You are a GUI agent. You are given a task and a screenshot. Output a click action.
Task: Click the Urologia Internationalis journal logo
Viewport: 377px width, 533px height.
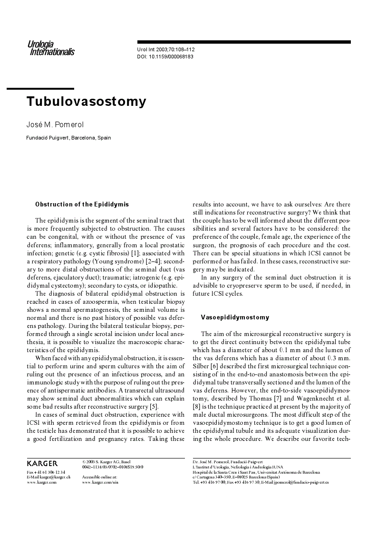coord(50,48)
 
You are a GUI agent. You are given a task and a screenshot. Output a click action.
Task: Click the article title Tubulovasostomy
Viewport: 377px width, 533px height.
coord(86,102)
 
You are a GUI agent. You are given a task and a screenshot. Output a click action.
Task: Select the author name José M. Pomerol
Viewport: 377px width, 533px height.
coord(55,125)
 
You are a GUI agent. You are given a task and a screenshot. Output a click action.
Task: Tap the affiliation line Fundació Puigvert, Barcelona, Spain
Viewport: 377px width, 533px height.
coord(68,138)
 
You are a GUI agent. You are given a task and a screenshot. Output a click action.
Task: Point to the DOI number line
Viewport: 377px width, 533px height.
coord(165,56)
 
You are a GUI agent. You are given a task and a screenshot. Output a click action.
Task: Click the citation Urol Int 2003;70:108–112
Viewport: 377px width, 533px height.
coord(166,49)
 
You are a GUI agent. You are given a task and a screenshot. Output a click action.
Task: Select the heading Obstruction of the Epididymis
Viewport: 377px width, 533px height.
coord(82,205)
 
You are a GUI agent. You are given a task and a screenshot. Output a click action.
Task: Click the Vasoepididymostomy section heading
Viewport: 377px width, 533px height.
coord(235,318)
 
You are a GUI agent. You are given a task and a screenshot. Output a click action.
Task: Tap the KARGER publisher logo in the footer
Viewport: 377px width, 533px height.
coord(42,463)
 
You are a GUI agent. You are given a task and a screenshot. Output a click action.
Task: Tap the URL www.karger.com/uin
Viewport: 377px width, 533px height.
coord(100,482)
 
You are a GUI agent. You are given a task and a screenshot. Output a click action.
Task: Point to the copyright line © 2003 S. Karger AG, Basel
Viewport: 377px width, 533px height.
coord(106,461)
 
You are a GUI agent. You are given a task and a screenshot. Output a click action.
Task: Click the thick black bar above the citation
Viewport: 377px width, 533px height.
coord(244,42)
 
